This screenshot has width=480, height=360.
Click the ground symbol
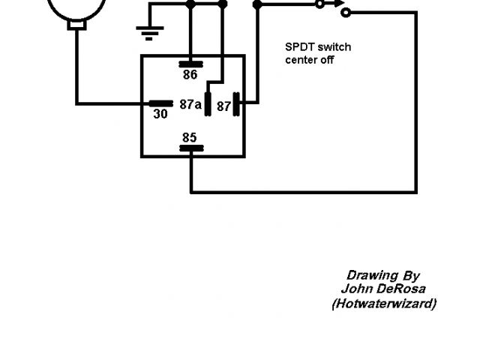point(150,31)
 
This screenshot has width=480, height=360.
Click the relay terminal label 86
point(190,75)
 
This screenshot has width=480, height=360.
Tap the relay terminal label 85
point(190,136)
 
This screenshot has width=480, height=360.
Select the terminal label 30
point(160,115)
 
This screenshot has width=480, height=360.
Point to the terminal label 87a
point(190,105)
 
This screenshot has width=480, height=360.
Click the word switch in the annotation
point(333,46)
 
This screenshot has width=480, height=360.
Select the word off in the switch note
point(327,59)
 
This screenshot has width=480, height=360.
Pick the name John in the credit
point(355,289)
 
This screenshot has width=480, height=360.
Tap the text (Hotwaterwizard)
point(383,303)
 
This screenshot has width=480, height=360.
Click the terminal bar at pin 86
point(190,64)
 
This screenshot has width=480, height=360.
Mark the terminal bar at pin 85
point(191,148)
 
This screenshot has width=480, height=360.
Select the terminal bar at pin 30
point(160,103)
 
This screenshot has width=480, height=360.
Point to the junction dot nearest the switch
point(258,4)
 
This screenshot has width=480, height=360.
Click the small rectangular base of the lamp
point(77,25)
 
